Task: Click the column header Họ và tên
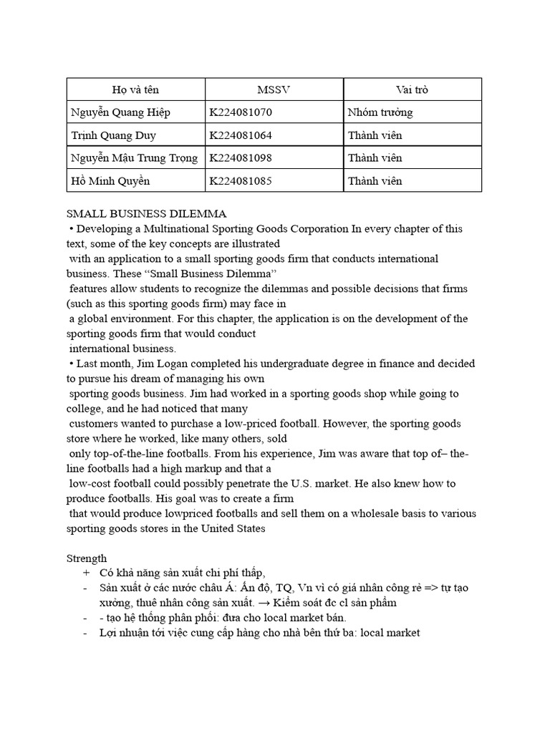pyautogui.click(x=135, y=89)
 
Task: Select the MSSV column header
pyautogui.click(x=274, y=89)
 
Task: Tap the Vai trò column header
pyautogui.click(x=412, y=89)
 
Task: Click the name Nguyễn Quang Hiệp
pyautogui.click(x=120, y=112)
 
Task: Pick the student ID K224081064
pyautogui.click(x=241, y=135)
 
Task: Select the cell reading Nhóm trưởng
pyautogui.click(x=380, y=112)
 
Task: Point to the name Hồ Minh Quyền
pyautogui.click(x=110, y=180)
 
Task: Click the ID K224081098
pyautogui.click(x=241, y=157)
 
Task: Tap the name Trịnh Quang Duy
pyautogui.click(x=113, y=135)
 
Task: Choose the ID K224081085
pyautogui.click(x=241, y=180)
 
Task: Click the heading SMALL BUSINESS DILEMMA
pyautogui.click(x=146, y=213)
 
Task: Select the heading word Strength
pyautogui.click(x=87, y=558)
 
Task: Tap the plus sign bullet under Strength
pyautogui.click(x=87, y=573)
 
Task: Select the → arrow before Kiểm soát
pyautogui.click(x=266, y=603)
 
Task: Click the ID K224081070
pyautogui.click(x=241, y=112)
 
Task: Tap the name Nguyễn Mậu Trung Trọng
pyautogui.click(x=134, y=157)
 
